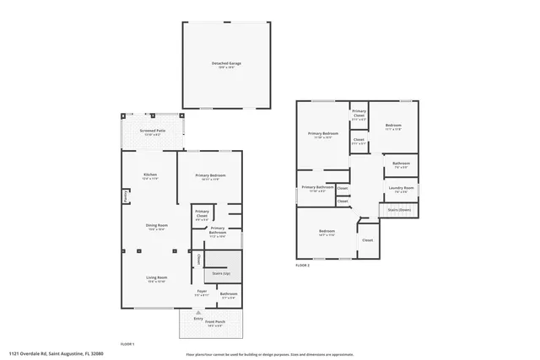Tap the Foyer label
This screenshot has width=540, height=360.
tap(202, 293)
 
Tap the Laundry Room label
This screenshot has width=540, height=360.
tap(402, 189)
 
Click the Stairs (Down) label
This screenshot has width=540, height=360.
tap(398, 210)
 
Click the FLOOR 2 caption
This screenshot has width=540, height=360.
tap(302, 266)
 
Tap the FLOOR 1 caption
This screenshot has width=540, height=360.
tap(127, 343)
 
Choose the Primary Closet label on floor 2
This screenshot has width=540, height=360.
tap(359, 113)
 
